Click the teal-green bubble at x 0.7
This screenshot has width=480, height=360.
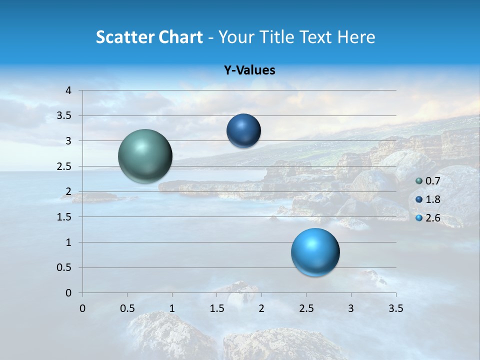pos(145,156)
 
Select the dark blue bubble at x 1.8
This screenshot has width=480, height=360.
pos(243,130)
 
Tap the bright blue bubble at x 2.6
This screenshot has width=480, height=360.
pos(315,252)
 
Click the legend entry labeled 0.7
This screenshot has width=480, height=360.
pos(432,181)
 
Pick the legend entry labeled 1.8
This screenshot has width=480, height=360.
pos(432,199)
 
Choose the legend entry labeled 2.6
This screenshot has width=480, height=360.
pos(432,218)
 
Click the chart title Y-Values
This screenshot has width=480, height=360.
pos(249,70)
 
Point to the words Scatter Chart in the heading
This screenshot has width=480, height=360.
pos(149,37)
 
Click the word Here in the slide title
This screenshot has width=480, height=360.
pos(356,37)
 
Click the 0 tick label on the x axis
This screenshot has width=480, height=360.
pos(82,308)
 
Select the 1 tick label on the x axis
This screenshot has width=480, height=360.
pos(172,308)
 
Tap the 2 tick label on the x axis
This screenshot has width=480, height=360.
pos(261,308)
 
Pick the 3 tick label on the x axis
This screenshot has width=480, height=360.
pos(351,308)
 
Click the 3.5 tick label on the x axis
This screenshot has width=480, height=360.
pos(395,308)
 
